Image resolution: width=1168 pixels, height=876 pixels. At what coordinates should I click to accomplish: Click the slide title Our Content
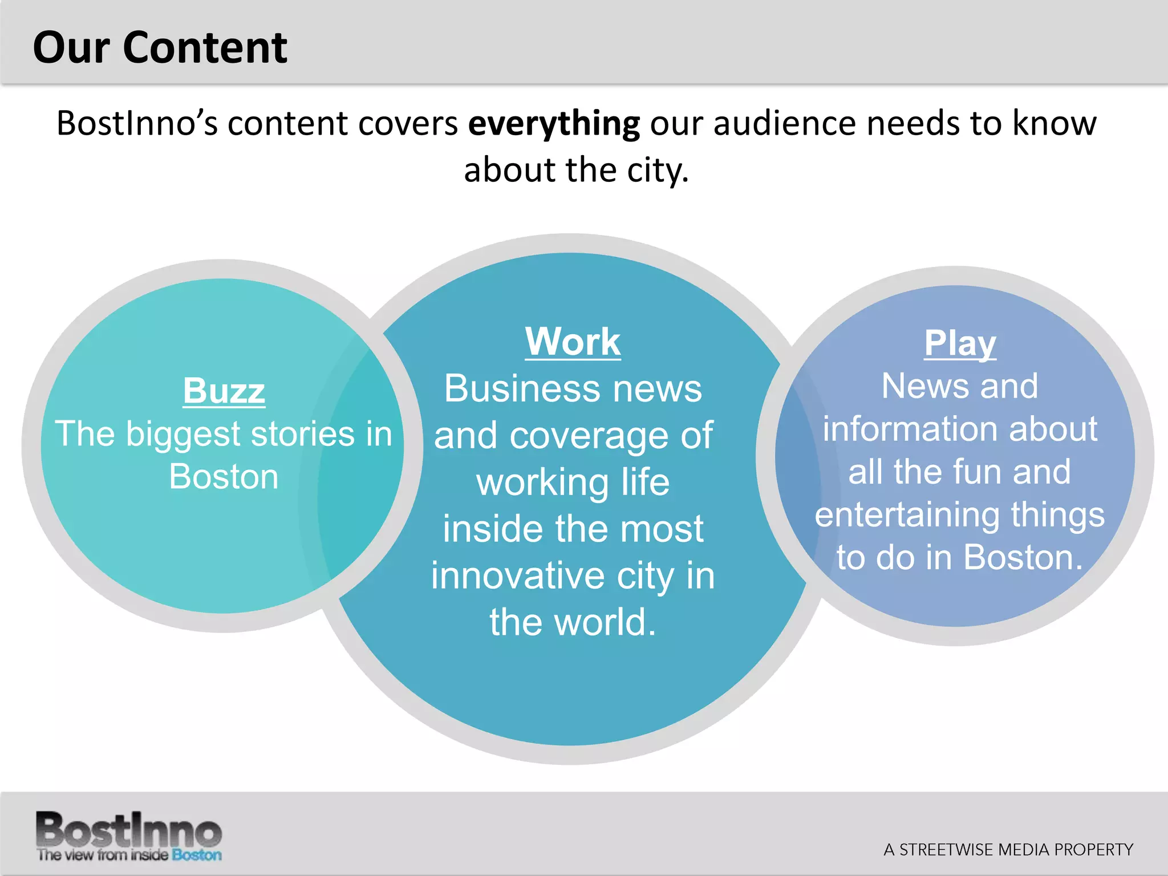pyautogui.click(x=160, y=47)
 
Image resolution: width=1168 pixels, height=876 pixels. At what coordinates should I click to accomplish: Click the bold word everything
pyautogui.click(x=554, y=124)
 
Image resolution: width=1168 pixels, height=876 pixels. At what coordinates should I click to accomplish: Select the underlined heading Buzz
pyautogui.click(x=224, y=391)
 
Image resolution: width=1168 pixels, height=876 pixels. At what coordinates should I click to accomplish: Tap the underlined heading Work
pyautogui.click(x=573, y=342)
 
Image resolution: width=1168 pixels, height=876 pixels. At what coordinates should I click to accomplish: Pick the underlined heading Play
pyautogui.click(x=960, y=343)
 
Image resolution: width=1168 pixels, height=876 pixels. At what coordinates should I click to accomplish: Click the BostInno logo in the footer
pyautogui.click(x=129, y=830)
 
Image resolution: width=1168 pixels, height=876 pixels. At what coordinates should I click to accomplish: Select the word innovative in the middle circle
pyautogui.click(x=517, y=575)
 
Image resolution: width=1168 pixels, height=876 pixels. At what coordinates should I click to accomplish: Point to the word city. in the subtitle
pyautogui.click(x=658, y=171)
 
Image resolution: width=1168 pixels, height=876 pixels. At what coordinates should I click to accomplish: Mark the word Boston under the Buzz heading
pyautogui.click(x=224, y=477)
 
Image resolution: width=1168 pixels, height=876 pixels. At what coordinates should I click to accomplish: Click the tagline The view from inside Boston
pyautogui.click(x=129, y=855)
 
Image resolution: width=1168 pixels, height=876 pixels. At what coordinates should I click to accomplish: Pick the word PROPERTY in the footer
pyautogui.click(x=1093, y=850)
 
